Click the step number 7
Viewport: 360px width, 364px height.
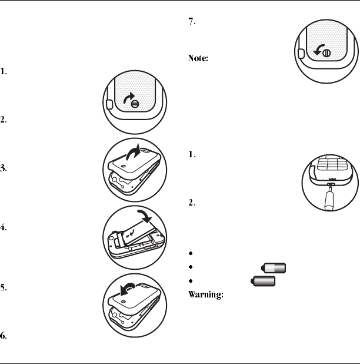click(191, 22)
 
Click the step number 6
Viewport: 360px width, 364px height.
click(4, 336)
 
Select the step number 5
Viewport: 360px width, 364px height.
click(4, 289)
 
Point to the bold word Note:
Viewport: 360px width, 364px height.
click(196, 59)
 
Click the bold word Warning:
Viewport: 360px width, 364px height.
click(204, 294)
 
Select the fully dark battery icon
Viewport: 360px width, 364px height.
click(264, 282)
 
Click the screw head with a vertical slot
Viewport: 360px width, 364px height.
click(326, 52)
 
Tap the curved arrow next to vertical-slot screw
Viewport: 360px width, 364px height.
click(317, 50)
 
